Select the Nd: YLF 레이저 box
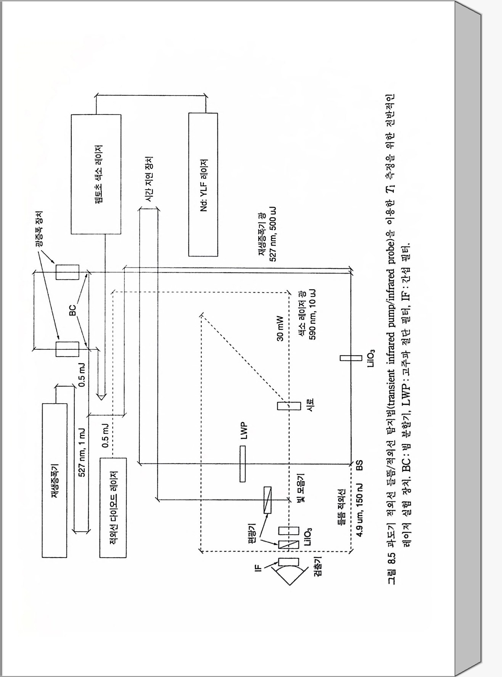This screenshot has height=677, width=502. coord(203,184)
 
